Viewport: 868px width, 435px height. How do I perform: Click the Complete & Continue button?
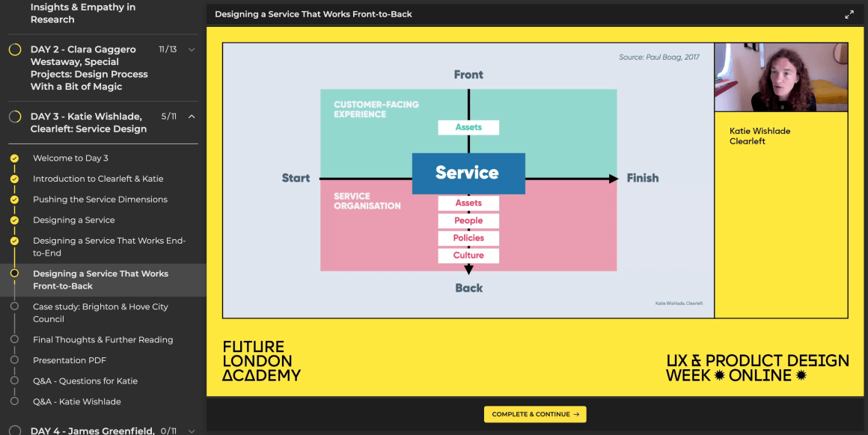(535, 414)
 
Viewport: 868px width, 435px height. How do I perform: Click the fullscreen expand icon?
(849, 14)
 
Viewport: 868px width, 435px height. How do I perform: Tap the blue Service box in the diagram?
(468, 173)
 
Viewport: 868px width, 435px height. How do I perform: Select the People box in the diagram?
(468, 220)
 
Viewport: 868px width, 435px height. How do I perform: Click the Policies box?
(468, 238)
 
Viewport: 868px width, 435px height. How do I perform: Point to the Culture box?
(468, 256)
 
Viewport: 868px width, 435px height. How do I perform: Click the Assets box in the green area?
(468, 128)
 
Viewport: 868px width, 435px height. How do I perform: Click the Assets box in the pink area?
(468, 203)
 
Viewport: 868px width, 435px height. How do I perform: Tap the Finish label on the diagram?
(643, 178)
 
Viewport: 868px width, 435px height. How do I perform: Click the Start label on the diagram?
(296, 178)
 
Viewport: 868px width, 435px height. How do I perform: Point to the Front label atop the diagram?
(468, 75)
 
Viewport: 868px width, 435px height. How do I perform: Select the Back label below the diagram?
(469, 288)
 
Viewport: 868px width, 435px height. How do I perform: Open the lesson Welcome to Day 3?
(70, 158)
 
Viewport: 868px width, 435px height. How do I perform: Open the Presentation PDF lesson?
(70, 360)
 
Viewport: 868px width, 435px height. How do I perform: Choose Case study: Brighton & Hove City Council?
(100, 312)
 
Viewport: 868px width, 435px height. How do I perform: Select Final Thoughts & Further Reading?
(103, 339)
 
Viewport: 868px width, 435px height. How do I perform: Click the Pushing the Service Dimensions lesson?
(100, 200)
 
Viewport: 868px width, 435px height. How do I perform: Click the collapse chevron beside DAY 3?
(192, 117)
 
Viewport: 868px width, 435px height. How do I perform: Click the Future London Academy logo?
(261, 361)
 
